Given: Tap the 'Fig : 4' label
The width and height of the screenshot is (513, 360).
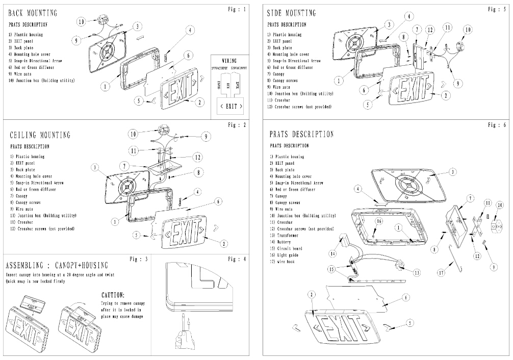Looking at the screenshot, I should (237, 259).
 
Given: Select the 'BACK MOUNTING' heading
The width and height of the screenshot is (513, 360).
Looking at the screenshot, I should (33, 13).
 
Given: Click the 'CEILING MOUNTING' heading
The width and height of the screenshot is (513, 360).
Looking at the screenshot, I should (40, 135).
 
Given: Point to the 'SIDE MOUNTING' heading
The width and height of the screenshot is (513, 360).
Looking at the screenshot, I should (291, 13).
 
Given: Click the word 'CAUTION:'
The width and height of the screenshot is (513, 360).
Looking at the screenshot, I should (113, 295).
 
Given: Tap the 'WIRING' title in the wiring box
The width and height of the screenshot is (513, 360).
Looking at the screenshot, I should (229, 60).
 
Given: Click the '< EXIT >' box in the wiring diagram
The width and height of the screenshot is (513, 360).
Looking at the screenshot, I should (229, 106).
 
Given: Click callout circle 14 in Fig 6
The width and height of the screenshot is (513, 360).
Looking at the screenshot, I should (334, 253).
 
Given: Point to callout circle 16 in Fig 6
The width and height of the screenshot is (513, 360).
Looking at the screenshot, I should (379, 221).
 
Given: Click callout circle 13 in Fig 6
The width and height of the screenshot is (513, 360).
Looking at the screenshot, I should (417, 273).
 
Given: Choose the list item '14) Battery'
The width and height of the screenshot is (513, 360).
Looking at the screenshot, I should (286, 243).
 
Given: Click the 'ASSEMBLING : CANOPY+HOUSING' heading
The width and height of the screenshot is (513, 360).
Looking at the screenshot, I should (57, 266).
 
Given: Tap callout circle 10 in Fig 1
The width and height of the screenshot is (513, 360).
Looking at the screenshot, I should (81, 22).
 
